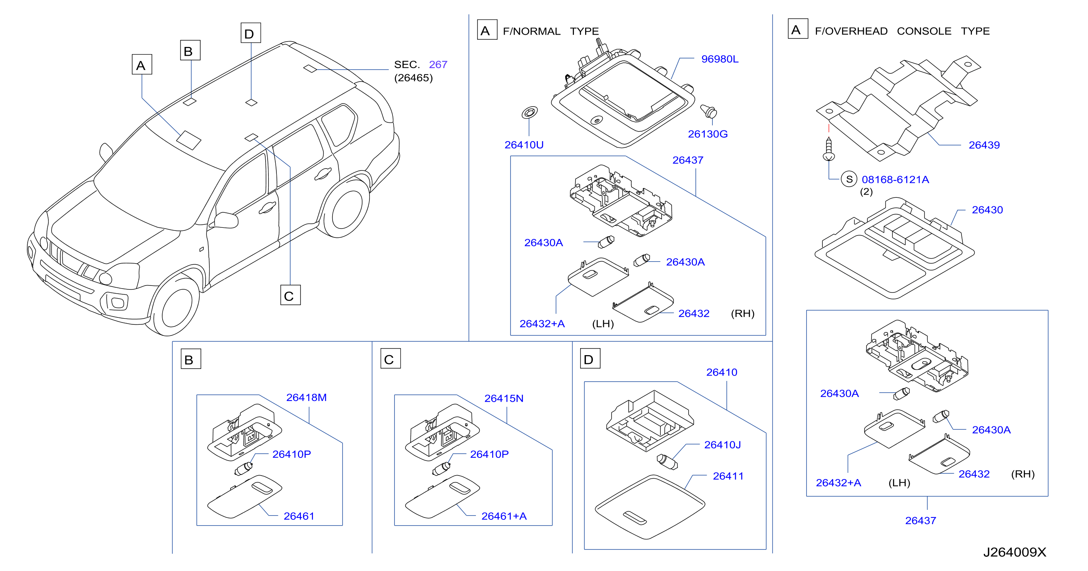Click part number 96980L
(x=720, y=59)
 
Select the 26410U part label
(x=524, y=145)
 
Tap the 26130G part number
(x=707, y=134)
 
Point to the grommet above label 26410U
(x=530, y=112)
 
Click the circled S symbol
(x=849, y=179)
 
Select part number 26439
(x=984, y=145)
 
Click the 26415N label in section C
(x=504, y=398)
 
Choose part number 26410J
(x=722, y=445)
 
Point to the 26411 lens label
(x=728, y=476)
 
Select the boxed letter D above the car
(x=250, y=33)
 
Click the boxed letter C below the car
(x=290, y=295)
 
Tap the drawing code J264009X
(x=1015, y=552)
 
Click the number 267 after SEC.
(x=438, y=65)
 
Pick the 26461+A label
(x=504, y=516)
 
